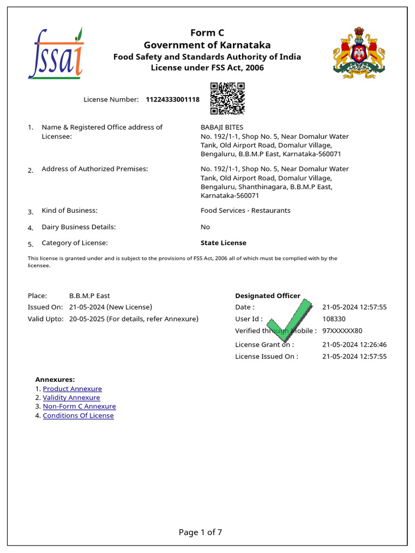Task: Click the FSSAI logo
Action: (56, 53)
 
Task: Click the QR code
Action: (227, 98)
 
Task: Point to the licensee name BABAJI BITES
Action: (222, 127)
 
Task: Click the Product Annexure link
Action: (72, 389)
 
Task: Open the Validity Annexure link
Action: (71, 398)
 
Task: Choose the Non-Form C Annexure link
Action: (79, 407)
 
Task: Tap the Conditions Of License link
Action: (78, 416)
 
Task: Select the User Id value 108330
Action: (334, 319)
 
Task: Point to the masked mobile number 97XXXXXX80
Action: (342, 331)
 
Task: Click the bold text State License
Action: (223, 243)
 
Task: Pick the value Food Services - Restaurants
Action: (245, 211)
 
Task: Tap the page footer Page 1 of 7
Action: (200, 532)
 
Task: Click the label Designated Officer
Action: (267, 296)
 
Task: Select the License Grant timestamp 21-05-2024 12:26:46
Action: (354, 345)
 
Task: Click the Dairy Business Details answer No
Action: (205, 227)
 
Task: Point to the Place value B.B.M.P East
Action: (90, 296)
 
